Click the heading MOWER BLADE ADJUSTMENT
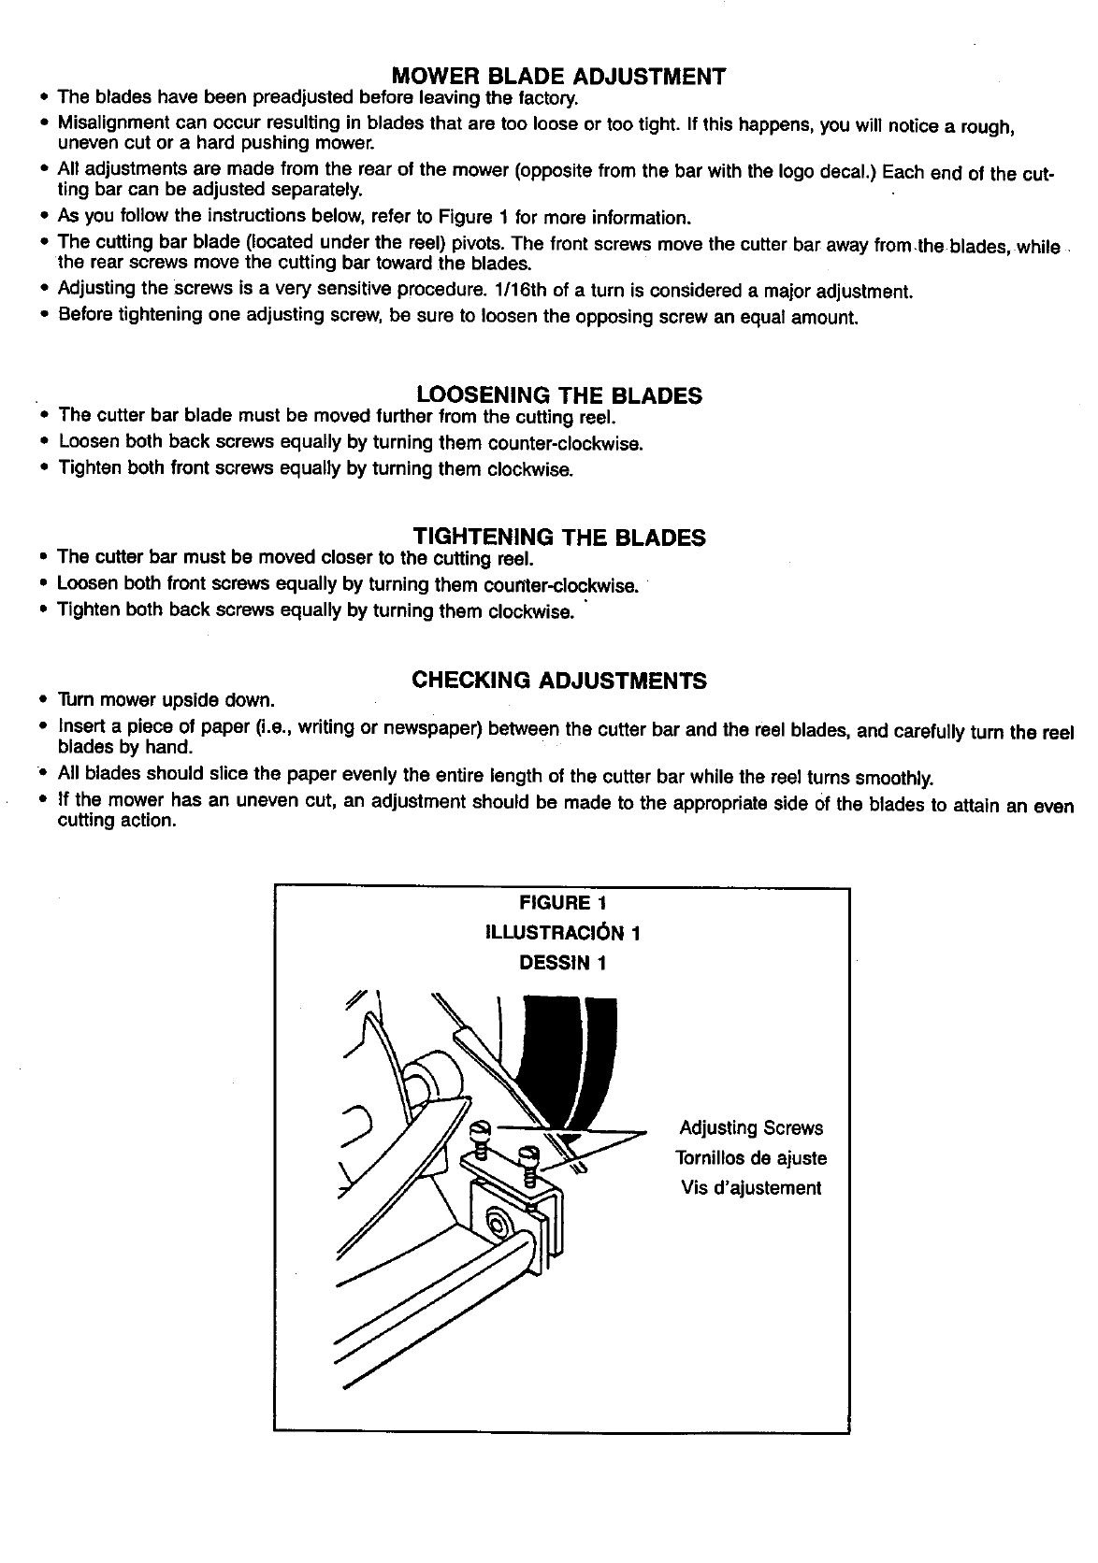pyautogui.click(x=558, y=76)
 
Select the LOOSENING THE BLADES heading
pyautogui.click(x=558, y=394)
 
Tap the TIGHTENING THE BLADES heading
pyautogui.click(x=559, y=537)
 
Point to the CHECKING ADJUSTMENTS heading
pyautogui.click(x=559, y=680)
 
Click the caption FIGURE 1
pyautogui.click(x=562, y=903)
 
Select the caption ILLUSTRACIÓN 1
pyautogui.click(x=562, y=933)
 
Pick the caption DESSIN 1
pyautogui.click(x=562, y=963)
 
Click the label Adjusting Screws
pyautogui.click(x=751, y=1127)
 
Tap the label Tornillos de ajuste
pyautogui.click(x=751, y=1158)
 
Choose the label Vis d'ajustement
pyautogui.click(x=751, y=1188)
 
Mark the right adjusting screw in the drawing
pyautogui.click(x=528, y=1159)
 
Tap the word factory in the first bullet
pyautogui.click(x=551, y=98)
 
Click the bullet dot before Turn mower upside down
pyautogui.click(x=43, y=699)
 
